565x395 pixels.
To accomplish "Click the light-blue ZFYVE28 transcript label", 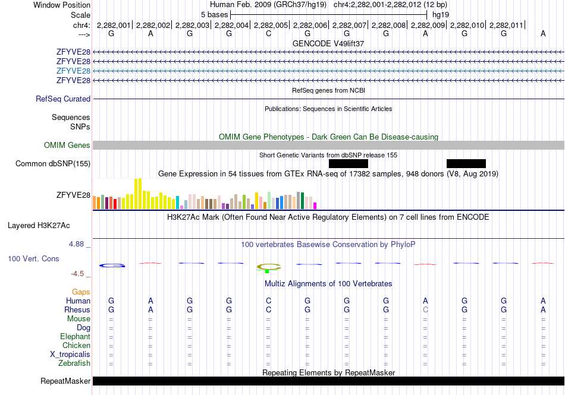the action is click(x=73, y=71).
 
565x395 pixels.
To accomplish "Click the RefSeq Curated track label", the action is click(x=63, y=99).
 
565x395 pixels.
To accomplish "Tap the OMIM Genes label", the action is click(x=67, y=145).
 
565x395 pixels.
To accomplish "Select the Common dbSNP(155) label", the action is click(x=53, y=164).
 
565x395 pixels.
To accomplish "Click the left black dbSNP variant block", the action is click(x=349, y=164).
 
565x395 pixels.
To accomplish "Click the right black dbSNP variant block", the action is click(x=466, y=164).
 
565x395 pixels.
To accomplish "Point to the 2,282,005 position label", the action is click(x=271, y=25).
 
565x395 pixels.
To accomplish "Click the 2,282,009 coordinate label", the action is click(x=428, y=25).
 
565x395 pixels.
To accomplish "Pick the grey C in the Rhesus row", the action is click(x=425, y=309).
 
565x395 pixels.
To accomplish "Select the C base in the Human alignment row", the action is click(x=268, y=301).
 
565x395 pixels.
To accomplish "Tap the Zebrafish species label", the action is click(x=74, y=364).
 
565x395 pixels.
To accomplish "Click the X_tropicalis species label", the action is click(x=70, y=355).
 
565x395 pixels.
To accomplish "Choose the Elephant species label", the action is click(x=76, y=336).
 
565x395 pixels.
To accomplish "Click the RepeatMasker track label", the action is click(x=65, y=381).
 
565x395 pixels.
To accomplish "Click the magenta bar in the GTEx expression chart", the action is click(x=315, y=206).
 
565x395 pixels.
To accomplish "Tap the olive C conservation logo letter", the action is click(x=268, y=267).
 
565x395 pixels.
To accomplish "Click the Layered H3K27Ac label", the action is click(x=39, y=226).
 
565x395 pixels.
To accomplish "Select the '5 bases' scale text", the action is click(x=214, y=15).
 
